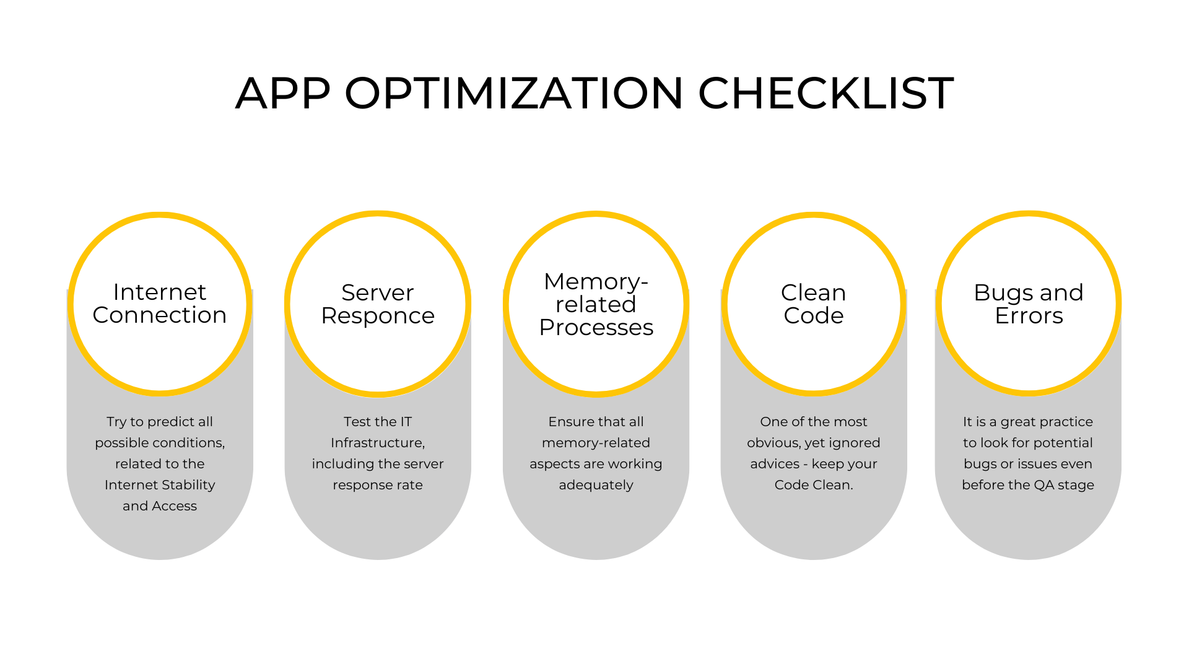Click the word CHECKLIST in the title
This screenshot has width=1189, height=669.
tap(826, 94)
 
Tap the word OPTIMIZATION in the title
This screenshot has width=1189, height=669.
tap(514, 94)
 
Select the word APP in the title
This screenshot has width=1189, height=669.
tap(283, 94)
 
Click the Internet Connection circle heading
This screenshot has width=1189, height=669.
tap(160, 304)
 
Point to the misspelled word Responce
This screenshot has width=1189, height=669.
tap(378, 316)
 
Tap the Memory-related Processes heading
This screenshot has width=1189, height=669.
tap(596, 304)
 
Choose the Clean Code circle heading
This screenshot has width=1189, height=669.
tap(814, 304)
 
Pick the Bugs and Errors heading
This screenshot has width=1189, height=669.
tap(1029, 304)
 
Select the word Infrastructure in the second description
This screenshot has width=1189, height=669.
tap(377, 443)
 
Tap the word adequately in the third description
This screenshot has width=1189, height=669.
tap(596, 485)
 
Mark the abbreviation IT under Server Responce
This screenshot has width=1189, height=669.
tap(404, 422)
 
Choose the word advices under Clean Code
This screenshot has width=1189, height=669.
tap(775, 464)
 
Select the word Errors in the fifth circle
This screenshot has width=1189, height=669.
tap(1029, 316)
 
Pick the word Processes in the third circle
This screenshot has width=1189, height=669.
tap(596, 327)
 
